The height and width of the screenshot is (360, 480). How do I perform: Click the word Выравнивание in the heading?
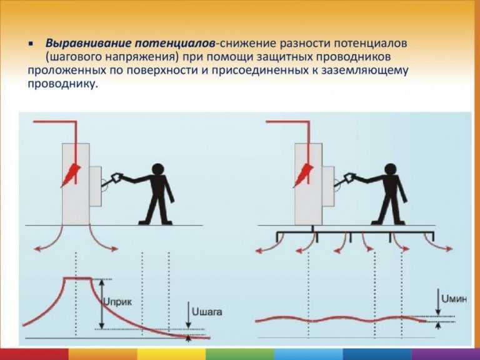click(x=89, y=43)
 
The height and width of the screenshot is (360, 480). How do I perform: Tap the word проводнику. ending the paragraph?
click(x=64, y=84)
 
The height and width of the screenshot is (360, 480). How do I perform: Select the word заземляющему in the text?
click(x=364, y=71)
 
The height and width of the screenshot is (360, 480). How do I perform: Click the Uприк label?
click(x=117, y=302)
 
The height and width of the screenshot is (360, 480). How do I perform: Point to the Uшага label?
click(x=207, y=312)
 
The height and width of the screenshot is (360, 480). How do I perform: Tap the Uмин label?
click(x=454, y=299)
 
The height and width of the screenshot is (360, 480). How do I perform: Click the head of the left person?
click(x=158, y=169)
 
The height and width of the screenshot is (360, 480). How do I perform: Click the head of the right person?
click(x=390, y=169)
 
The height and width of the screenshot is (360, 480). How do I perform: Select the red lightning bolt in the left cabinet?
click(x=71, y=175)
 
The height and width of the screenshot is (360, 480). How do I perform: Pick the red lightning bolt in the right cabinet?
click(x=303, y=175)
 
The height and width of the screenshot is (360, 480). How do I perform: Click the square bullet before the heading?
click(x=30, y=44)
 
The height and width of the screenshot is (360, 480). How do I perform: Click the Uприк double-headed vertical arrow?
click(x=102, y=304)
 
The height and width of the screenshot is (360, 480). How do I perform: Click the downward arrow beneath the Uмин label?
click(x=438, y=302)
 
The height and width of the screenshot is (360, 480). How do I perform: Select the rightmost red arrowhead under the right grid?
click(x=449, y=249)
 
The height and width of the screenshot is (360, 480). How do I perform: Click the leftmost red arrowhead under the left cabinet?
click(x=37, y=249)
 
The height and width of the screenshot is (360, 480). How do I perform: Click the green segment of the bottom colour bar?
click(x=240, y=354)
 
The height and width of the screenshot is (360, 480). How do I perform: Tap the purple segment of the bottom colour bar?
click(x=446, y=354)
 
